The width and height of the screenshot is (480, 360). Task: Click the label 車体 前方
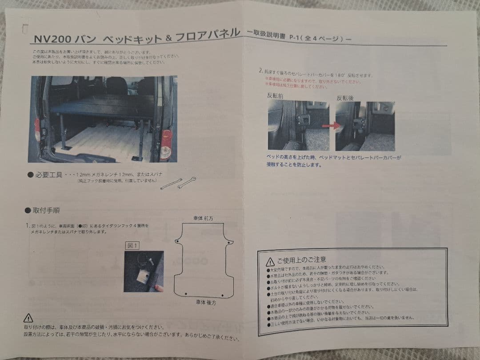tap(203, 219)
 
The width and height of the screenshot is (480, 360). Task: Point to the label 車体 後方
tap(206, 302)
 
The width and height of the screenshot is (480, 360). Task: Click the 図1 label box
tap(133, 245)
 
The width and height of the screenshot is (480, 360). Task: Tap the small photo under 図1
tap(144, 271)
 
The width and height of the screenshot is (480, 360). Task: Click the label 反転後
tap(345, 97)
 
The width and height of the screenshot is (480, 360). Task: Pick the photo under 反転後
tap(364, 126)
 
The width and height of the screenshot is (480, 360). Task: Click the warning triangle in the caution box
tap(269, 261)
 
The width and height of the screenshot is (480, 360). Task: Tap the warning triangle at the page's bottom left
tap(28, 318)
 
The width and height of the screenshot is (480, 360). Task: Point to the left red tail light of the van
tap(37, 129)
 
